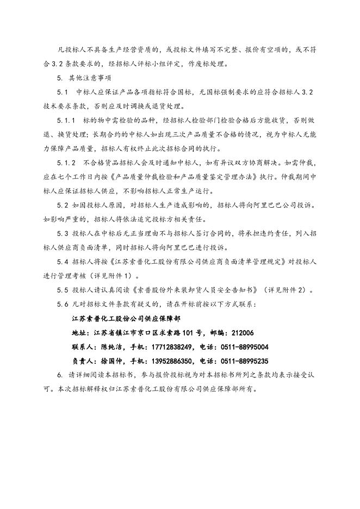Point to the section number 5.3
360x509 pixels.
(63, 233)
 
